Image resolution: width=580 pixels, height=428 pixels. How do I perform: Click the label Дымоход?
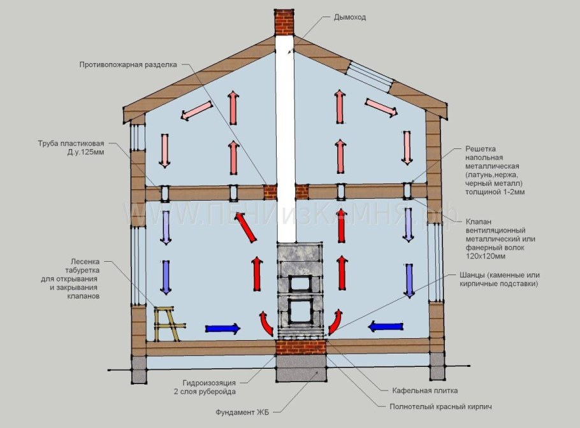(349, 17)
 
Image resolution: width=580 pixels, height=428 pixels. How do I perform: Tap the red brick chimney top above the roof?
(284, 22)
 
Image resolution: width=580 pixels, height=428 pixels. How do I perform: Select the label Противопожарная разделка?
(128, 65)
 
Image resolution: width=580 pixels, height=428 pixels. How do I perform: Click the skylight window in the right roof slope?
(371, 77)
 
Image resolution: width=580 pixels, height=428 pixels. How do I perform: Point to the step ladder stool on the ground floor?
(169, 324)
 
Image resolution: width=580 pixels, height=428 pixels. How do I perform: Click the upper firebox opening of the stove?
(300, 283)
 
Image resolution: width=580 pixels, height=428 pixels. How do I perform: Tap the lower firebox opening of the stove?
(300, 311)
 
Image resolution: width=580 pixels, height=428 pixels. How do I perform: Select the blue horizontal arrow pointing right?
(222, 328)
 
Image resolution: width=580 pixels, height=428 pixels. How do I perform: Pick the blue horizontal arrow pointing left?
(386, 326)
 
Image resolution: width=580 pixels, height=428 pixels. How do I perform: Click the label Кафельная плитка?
(424, 390)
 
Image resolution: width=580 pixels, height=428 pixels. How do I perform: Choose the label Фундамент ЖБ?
(242, 412)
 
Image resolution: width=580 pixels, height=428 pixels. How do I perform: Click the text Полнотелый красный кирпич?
(440, 407)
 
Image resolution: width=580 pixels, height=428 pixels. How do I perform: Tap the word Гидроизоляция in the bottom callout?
(208, 383)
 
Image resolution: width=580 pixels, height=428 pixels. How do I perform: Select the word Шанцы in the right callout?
(472, 275)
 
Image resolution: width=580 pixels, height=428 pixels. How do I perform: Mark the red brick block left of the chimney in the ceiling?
(270, 192)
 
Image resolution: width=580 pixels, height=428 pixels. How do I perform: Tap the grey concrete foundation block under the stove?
(301, 369)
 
